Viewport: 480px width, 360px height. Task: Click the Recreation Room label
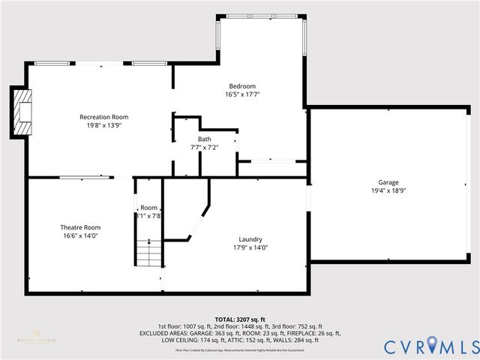tap(104, 117)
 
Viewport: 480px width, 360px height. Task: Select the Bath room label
tap(205, 139)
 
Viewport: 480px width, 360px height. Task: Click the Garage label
tap(388, 182)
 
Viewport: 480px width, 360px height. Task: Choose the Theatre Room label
tap(80, 227)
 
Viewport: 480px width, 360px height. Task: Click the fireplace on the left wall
tap(22, 112)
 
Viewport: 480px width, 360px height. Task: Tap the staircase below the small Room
tap(148, 250)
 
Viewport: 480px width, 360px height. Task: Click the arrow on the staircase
tap(148, 242)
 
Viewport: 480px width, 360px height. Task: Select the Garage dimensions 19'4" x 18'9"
tap(388, 190)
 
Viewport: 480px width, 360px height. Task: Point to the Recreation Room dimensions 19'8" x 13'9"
tap(104, 125)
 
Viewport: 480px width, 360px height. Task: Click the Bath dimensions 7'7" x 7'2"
tap(205, 148)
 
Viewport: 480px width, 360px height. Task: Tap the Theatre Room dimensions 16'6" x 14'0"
tap(80, 235)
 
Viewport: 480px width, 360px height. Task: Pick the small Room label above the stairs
tap(148, 208)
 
